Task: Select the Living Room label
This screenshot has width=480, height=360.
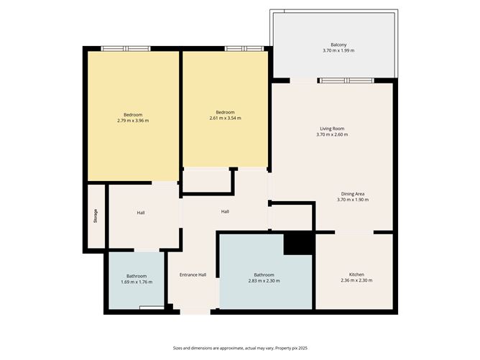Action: click(333, 129)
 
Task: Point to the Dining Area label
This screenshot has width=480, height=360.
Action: click(352, 193)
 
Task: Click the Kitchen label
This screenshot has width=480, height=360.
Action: click(356, 274)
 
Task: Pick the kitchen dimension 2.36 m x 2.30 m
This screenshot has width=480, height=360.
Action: click(356, 281)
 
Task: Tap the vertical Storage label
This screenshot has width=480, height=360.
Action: click(96, 216)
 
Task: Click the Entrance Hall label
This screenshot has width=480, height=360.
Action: click(193, 275)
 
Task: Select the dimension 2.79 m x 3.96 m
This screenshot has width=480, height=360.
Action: click(132, 121)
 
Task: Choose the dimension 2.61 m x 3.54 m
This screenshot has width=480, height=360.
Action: click(225, 118)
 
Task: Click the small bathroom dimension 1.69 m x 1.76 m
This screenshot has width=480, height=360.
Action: click(137, 282)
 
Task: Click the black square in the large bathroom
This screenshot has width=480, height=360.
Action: click(299, 244)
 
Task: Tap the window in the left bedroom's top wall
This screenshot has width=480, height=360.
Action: click(126, 49)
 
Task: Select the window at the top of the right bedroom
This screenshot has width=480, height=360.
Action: click(244, 49)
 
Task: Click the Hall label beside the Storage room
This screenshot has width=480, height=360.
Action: click(142, 213)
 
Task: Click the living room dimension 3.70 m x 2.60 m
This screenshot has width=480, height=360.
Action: click(333, 135)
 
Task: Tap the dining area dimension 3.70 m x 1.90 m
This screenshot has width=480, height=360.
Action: click(352, 200)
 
